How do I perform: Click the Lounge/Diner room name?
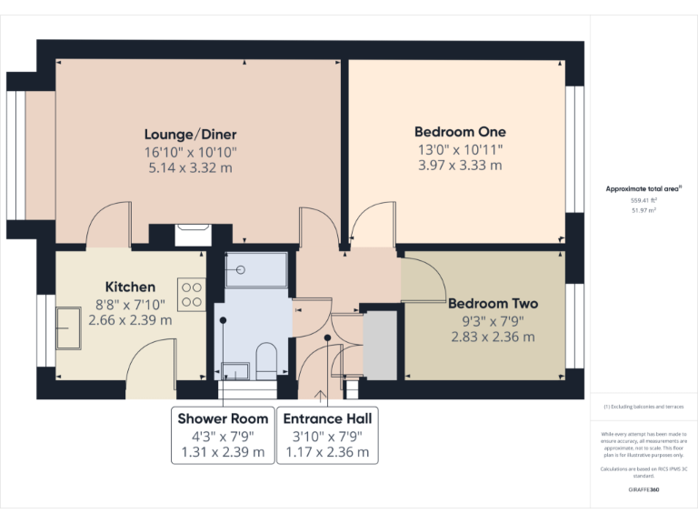pos(190,133)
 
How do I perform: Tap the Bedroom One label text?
pos(459,131)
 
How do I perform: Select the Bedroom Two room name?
pos(493,304)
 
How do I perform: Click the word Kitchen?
pos(130,287)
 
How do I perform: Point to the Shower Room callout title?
pos(223,418)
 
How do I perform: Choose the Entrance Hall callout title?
pos(327,418)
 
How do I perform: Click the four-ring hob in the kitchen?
pos(193,294)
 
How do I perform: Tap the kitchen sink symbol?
pos(68,327)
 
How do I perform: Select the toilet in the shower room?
pos(266,360)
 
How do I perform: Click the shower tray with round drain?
pos(255,269)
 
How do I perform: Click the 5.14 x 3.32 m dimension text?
pos(190,167)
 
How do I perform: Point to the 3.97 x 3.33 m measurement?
pos(459,166)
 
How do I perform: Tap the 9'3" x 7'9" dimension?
pos(493,320)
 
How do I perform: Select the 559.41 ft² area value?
pos(643,199)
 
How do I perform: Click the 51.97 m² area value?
pos(643,209)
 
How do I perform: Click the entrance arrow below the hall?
pos(320,395)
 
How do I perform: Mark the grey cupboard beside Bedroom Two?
pos(380,346)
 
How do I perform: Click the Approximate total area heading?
pos(643,188)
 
